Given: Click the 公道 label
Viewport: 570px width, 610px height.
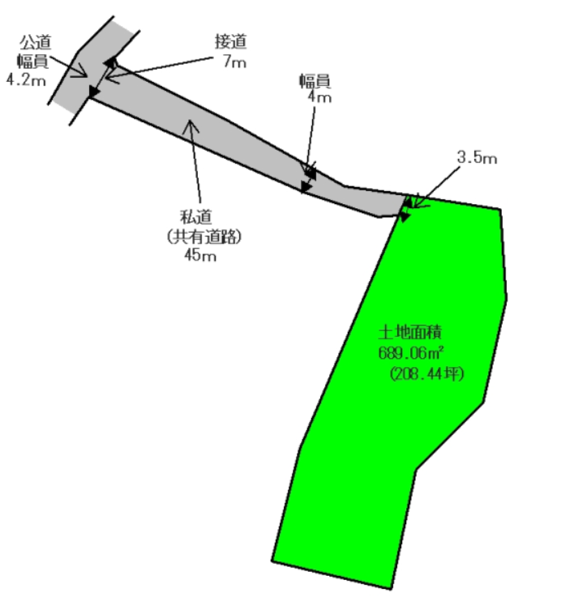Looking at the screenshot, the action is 36,42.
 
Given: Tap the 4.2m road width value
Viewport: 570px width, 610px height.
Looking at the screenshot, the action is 26,80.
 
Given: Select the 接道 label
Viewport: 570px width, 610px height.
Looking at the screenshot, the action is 231,41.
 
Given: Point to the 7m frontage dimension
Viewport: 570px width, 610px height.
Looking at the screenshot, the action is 235,62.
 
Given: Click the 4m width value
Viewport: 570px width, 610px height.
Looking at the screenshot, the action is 319,97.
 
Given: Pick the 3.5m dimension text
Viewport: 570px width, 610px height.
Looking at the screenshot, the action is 477,157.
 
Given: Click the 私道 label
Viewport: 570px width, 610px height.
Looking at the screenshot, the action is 196,217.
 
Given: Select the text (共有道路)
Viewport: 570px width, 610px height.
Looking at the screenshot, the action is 204,237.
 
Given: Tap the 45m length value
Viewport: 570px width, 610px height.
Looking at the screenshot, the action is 200,255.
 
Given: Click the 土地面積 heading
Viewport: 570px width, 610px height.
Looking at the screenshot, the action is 410,333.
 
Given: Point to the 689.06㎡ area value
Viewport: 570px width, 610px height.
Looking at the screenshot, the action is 411,353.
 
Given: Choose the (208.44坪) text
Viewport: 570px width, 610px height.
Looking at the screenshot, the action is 427,374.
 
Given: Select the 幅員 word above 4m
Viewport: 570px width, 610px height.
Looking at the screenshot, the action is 315,80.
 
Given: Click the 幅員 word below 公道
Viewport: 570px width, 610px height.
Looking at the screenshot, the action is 32,61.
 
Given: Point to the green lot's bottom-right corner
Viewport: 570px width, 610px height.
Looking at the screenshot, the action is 391,589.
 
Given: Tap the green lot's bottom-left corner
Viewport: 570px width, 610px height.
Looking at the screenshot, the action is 272,561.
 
